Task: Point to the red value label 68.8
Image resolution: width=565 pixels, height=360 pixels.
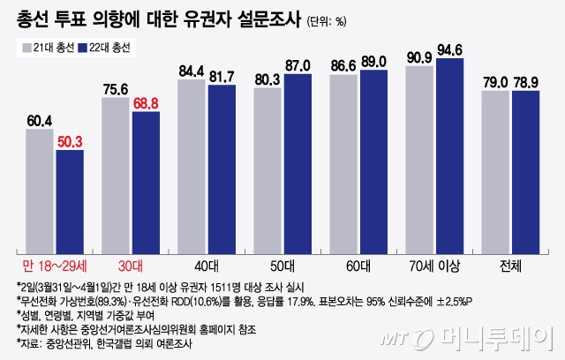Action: tap(145, 103)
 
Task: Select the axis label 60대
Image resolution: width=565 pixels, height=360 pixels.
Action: tap(358, 264)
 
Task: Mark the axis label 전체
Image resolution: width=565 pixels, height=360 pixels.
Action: tap(510, 264)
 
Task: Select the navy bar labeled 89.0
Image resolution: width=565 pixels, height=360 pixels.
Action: tap(373, 160)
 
